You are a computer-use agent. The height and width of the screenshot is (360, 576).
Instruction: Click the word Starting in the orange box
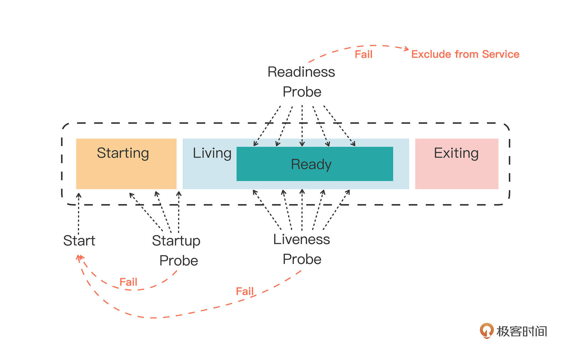coord(123,153)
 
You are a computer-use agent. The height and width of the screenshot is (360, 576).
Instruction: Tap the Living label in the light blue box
coord(212,153)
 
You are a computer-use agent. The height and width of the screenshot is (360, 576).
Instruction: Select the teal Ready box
coord(314,164)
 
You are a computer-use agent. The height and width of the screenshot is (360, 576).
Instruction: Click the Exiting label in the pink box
coord(456,153)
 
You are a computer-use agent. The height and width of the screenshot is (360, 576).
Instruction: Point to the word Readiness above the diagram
coord(301,72)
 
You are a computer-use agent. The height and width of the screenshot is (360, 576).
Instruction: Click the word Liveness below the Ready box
coord(301,239)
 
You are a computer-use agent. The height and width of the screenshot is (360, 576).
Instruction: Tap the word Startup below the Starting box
coord(176,241)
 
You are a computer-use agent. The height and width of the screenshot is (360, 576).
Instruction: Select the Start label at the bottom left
coord(79,241)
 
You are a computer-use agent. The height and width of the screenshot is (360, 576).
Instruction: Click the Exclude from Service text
coord(465,54)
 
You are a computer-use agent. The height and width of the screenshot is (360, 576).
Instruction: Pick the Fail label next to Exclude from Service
coord(364,54)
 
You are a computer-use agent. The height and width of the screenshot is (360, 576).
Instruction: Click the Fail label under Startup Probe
coord(128,282)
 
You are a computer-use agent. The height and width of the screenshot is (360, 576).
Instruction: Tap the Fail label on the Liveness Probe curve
coord(245,291)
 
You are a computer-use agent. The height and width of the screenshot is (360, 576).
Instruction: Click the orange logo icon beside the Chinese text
coord(486,331)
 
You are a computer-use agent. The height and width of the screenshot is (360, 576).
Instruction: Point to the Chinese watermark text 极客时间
coord(522,331)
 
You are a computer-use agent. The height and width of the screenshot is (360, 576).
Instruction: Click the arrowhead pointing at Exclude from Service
coord(406,49)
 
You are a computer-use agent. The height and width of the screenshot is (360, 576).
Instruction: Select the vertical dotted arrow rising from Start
coord(79,213)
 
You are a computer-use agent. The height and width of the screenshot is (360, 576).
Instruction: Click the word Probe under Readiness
coord(302,92)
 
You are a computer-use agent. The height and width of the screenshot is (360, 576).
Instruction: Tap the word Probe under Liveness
coord(302,259)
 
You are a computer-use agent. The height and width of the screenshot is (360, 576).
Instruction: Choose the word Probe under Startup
coord(179,260)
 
